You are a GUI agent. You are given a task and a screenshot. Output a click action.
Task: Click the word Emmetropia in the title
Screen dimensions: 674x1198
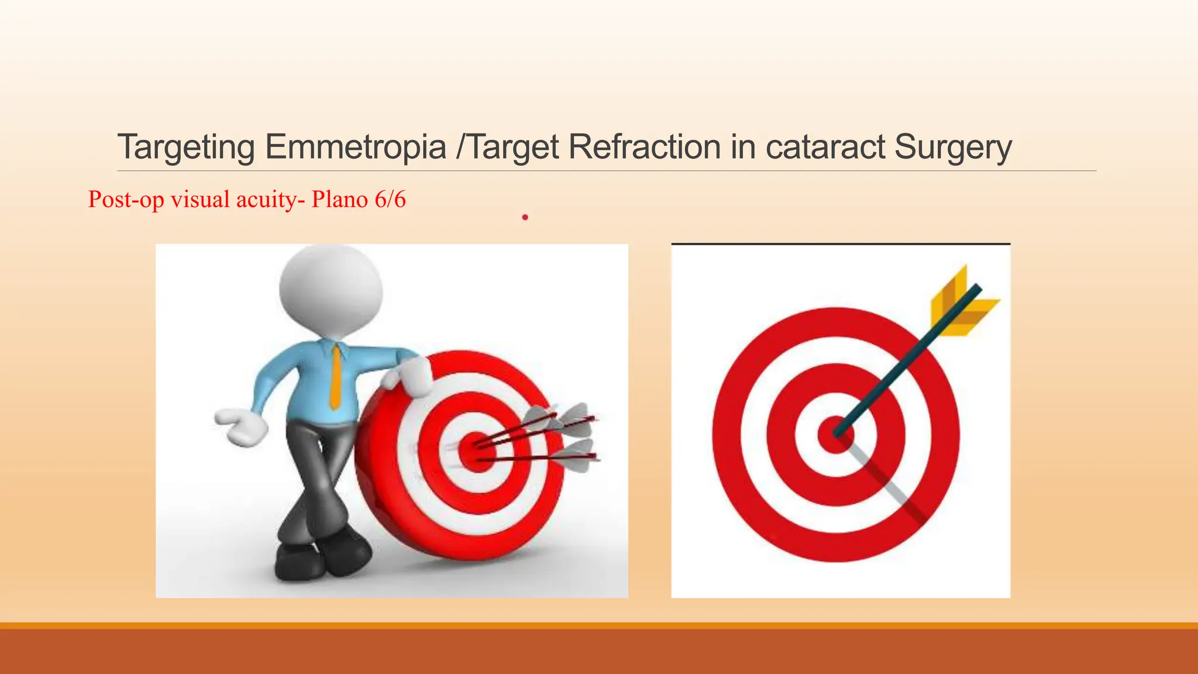click(x=355, y=147)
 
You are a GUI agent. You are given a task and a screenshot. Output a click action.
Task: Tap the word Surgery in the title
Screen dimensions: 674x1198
click(x=953, y=147)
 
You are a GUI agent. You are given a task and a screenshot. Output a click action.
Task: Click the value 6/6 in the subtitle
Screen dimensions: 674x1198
click(x=390, y=200)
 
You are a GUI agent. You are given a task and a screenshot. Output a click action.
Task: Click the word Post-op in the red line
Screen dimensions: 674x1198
click(x=125, y=200)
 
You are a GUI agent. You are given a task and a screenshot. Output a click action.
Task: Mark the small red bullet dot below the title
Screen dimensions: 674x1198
click(x=525, y=217)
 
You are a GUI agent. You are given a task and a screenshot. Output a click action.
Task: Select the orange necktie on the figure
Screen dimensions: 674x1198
click(x=336, y=374)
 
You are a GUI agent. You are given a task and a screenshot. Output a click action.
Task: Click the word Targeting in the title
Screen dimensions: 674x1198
click(x=186, y=147)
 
